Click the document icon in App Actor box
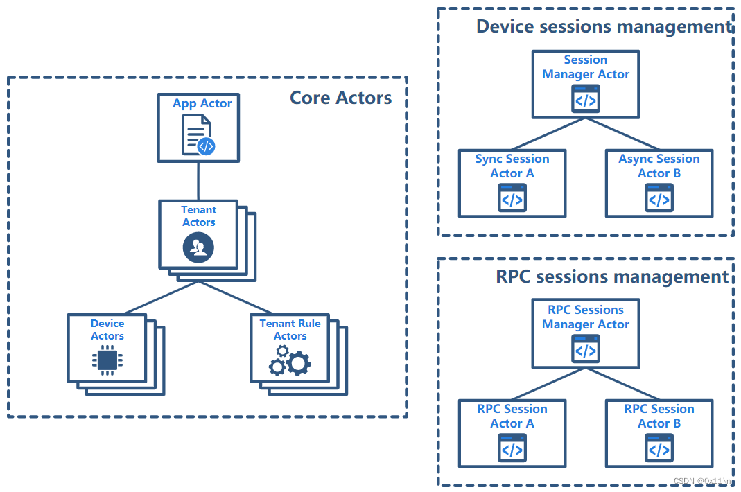coord(198,135)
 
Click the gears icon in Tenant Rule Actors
coord(290,362)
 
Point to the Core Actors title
coord(340,98)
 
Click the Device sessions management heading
coord(604,26)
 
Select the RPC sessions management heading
coord(612,276)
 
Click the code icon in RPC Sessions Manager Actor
coord(585,349)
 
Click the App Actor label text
coord(202,103)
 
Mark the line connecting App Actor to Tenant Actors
coord(198,180)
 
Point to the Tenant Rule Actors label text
coord(290,330)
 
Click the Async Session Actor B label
coord(659,166)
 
